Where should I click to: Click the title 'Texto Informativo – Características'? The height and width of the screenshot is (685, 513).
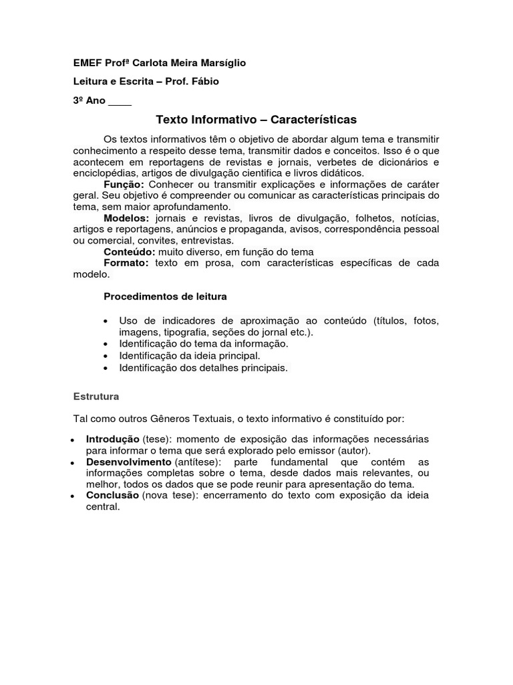pos(256,120)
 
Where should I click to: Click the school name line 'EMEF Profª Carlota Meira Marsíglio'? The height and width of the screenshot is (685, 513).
pos(159,63)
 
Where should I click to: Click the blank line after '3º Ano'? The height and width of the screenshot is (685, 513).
pos(120,102)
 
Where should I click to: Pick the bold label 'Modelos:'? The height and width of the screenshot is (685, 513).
pos(126,218)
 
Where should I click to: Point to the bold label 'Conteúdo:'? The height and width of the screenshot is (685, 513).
pos(130,252)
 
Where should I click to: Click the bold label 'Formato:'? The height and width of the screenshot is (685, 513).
pos(126,263)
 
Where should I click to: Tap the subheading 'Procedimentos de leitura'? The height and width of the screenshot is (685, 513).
pos(166,296)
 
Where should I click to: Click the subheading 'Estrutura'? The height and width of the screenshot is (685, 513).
pos(96,396)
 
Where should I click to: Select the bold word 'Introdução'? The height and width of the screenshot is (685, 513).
pos(113,439)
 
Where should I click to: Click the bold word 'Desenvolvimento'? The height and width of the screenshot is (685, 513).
pos(128,462)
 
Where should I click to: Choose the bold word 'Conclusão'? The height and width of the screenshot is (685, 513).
pos(112,496)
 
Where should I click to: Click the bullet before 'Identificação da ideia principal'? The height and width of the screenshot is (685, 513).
pos(107,356)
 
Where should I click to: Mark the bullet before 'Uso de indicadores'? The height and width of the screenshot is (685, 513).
pos(107,322)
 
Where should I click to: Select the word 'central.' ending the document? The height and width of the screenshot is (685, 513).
pos(103,506)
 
